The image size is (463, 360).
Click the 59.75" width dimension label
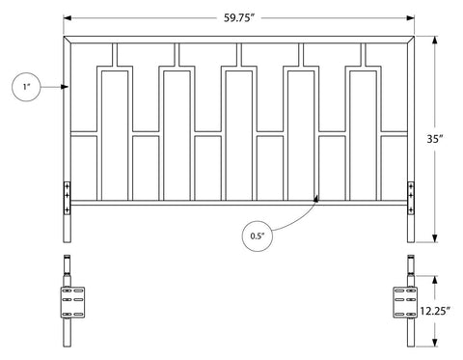click(239, 18)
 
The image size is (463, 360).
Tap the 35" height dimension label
click(435, 139)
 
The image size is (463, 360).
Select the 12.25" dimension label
click(435, 311)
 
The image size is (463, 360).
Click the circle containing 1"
click(26, 87)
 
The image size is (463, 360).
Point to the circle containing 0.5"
click(257, 235)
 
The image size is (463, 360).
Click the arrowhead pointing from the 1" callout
click(65, 87)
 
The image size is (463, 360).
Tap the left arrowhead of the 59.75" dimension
click(68, 18)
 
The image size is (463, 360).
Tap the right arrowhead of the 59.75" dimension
click(410, 18)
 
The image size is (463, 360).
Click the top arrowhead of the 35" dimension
click(435, 41)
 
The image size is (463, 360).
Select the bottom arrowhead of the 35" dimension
click(435, 238)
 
